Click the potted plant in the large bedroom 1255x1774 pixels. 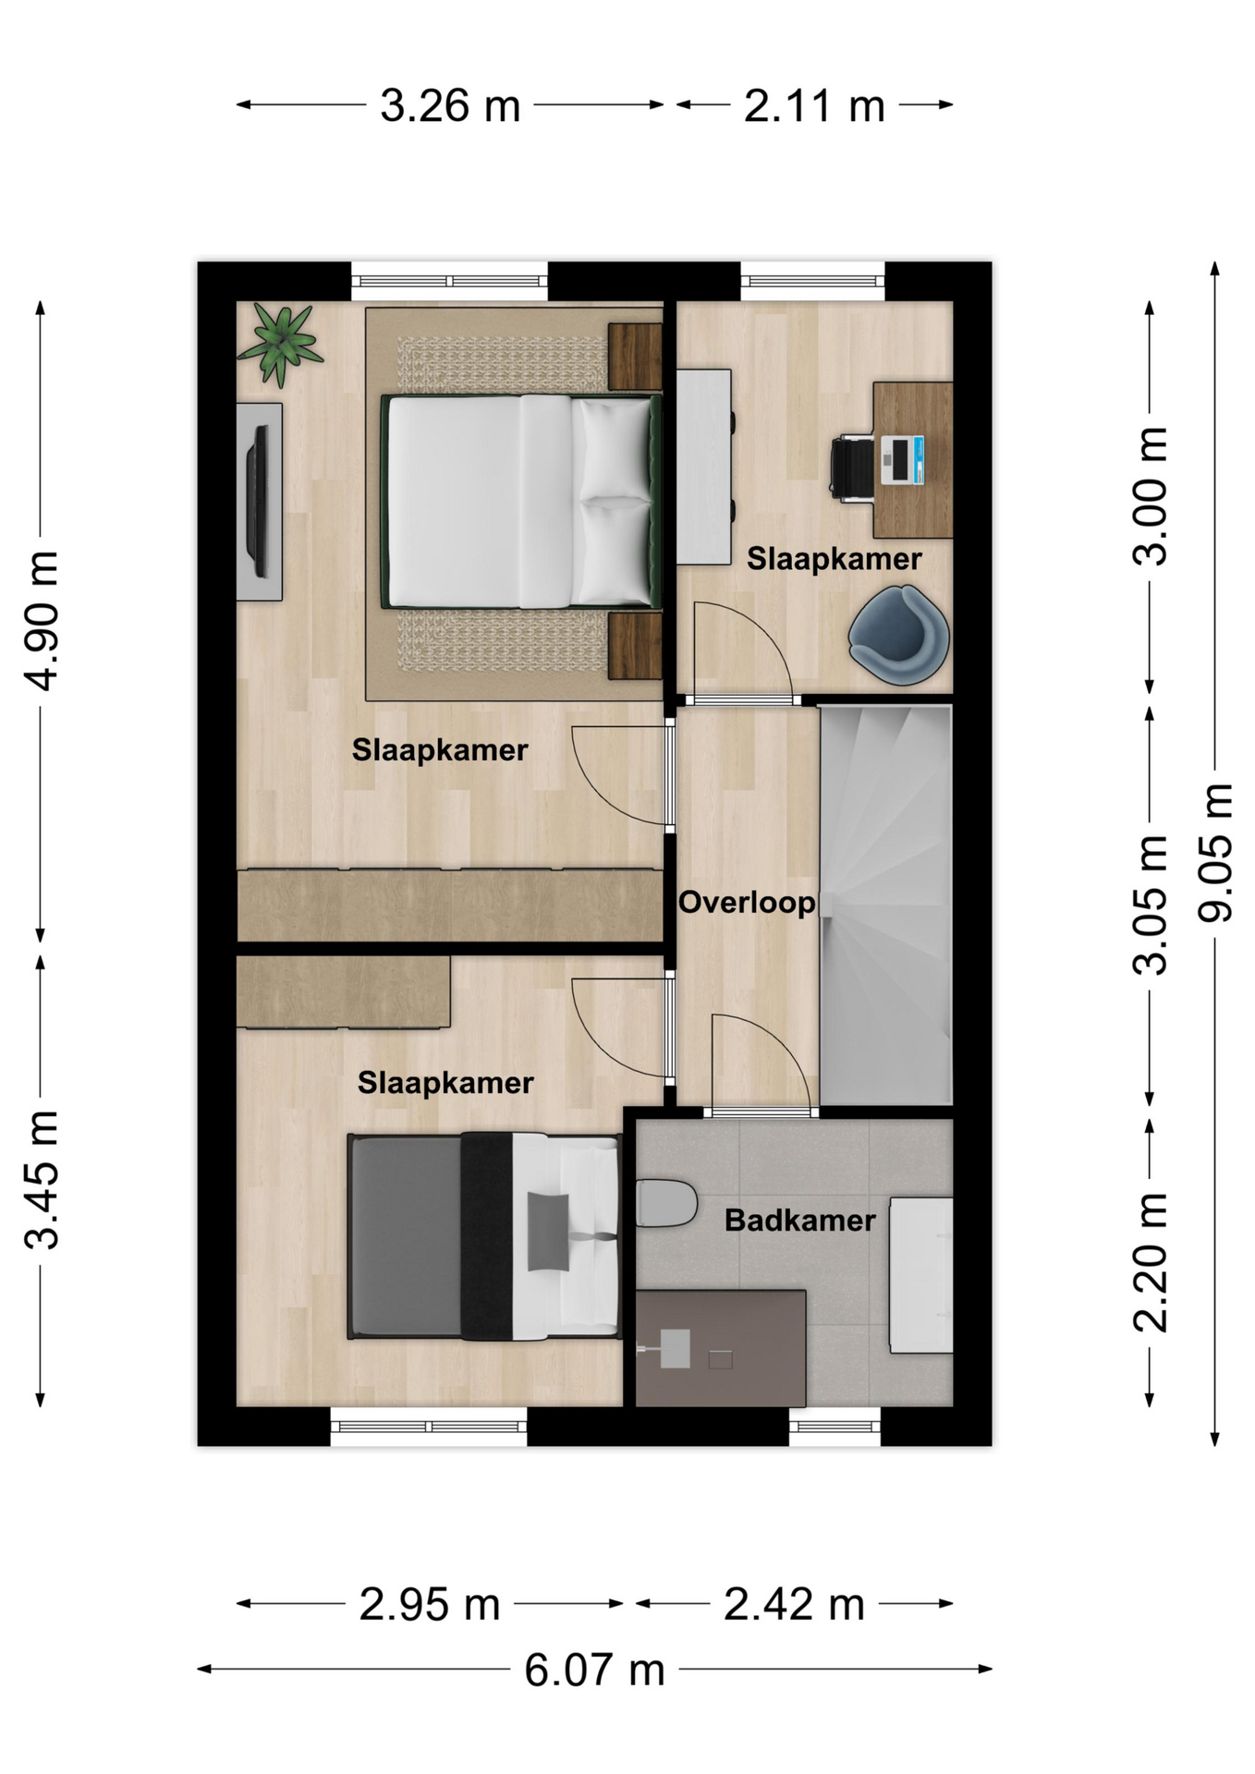coord(280,346)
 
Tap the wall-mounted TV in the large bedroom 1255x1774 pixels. coord(260,501)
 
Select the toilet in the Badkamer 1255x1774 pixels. coord(666,1202)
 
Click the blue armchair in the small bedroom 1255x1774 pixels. coord(898,635)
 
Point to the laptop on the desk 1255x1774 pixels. coord(902,460)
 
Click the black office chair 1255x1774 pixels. coord(852,468)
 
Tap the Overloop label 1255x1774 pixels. coord(747,902)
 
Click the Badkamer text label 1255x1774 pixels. coord(799,1220)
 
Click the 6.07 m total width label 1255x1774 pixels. coord(595,1670)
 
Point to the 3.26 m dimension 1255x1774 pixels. coord(450,105)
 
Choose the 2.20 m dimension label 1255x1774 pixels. coord(1151,1261)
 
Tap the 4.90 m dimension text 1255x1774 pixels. coord(42,620)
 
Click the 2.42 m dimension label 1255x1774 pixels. coord(794,1605)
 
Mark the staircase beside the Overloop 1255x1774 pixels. coord(885,905)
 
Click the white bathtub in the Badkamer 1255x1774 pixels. coord(920,1275)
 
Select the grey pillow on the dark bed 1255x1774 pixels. coord(548,1232)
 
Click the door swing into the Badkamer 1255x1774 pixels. coord(762,1063)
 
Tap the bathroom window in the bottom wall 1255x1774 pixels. coord(835,1427)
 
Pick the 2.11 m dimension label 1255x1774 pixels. coord(814,105)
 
